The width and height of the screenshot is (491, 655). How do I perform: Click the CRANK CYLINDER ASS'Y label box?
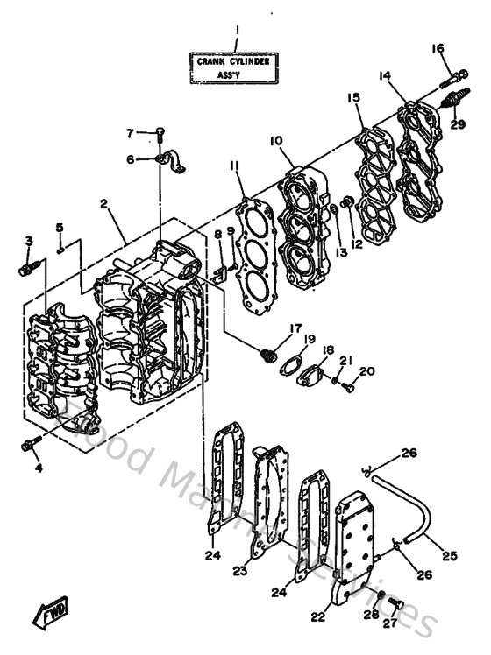pos(236,67)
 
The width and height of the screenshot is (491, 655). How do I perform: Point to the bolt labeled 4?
pos(30,447)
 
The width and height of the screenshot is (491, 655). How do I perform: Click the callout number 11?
pos(234,166)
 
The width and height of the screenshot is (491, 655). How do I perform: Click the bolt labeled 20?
pos(348,383)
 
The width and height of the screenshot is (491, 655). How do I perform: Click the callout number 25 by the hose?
pos(450,555)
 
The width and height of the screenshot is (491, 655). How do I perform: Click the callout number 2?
pos(103,204)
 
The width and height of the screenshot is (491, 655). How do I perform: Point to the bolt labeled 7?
pos(160,133)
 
